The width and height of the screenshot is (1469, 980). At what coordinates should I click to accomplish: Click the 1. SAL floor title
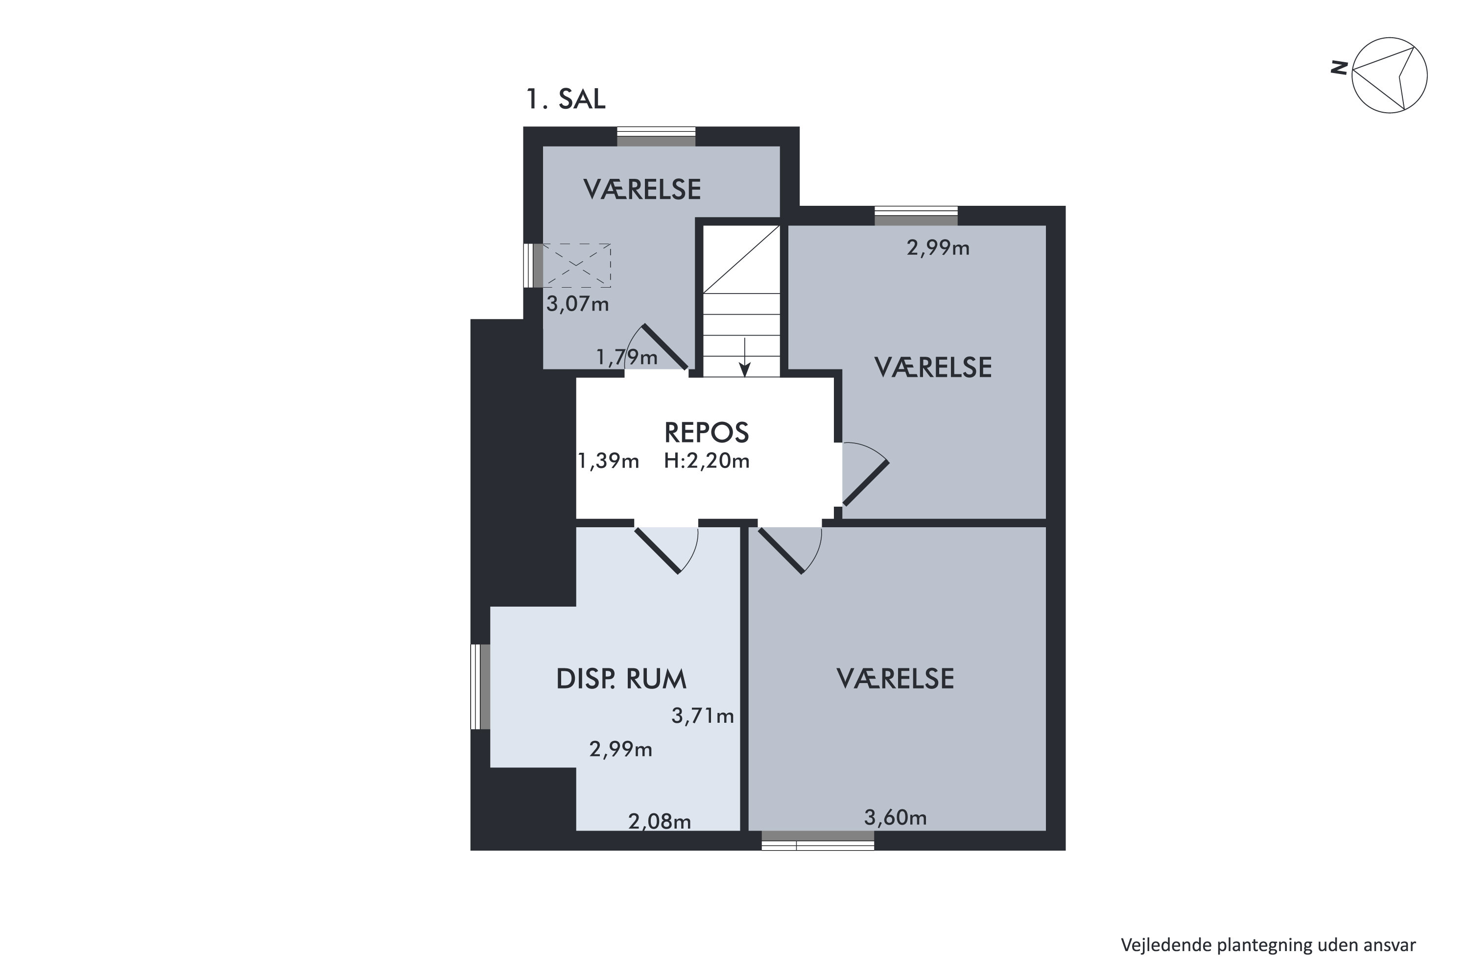coord(566,99)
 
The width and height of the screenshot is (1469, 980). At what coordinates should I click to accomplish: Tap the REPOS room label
coord(707,433)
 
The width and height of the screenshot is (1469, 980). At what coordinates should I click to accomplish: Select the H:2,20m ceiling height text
coord(707,461)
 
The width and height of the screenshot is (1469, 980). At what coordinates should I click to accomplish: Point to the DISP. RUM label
coord(621,679)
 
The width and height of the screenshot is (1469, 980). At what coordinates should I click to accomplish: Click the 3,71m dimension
coord(703,715)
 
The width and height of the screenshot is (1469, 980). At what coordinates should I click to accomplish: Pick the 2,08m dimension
coord(660,821)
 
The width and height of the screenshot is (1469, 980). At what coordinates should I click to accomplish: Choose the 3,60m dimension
coord(896,817)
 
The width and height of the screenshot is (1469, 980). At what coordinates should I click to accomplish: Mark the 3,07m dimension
coord(578,304)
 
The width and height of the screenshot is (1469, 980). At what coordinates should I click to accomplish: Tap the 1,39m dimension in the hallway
coord(608,461)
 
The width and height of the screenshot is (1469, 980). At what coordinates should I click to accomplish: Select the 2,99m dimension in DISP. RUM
coord(621,749)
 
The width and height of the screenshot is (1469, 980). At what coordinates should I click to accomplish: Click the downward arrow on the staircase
coord(744,358)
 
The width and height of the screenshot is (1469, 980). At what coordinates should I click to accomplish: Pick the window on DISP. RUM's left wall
coord(480,686)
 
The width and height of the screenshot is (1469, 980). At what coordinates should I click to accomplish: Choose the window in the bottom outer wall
coord(818,841)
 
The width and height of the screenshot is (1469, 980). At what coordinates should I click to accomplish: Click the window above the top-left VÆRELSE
coord(657,136)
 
